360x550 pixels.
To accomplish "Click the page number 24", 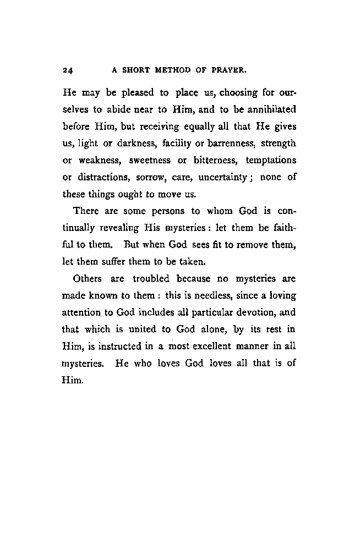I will click(x=68, y=70).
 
